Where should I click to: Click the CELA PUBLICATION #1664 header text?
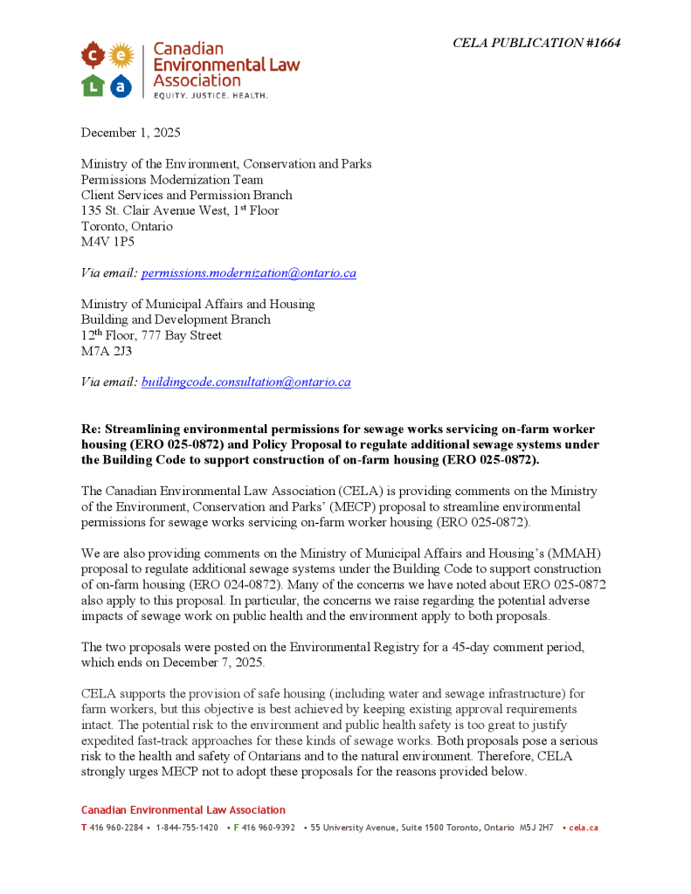[x=536, y=43]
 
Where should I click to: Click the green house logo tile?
[x=93, y=85]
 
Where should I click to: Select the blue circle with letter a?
[x=121, y=85]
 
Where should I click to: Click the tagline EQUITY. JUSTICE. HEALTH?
[x=211, y=94]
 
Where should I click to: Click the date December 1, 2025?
[x=131, y=133]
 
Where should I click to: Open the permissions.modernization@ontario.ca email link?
[x=249, y=273]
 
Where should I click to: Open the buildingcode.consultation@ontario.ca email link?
[x=246, y=382]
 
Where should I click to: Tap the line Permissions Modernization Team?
[x=172, y=180]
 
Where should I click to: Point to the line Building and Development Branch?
[x=176, y=320]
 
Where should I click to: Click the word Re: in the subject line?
[x=92, y=429]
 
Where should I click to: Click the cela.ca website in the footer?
[x=584, y=828]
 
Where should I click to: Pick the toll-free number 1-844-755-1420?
[x=187, y=828]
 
